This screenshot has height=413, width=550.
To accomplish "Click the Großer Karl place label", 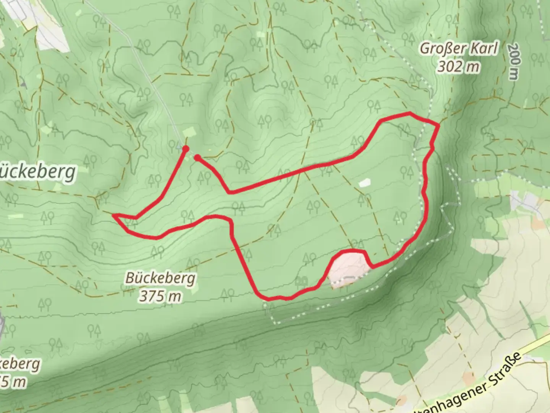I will point(459,49).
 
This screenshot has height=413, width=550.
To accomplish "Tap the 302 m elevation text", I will point(458,67).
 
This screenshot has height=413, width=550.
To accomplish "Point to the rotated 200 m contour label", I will point(514,61).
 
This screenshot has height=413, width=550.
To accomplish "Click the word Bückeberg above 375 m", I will point(160,278).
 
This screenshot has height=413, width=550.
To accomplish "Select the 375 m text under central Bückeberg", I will point(160,296).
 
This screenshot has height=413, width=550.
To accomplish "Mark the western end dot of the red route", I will point(186,148).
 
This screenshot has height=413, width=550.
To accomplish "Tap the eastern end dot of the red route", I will point(197,157).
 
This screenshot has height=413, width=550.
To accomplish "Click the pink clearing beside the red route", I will point(348,268).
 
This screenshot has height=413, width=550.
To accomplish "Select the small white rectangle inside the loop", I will point(364,182).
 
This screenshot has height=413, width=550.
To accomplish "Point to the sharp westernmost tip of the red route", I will point(114,215).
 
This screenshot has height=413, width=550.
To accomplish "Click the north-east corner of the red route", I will point(438,124).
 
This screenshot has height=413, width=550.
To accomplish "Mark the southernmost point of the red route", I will point(269,299).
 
